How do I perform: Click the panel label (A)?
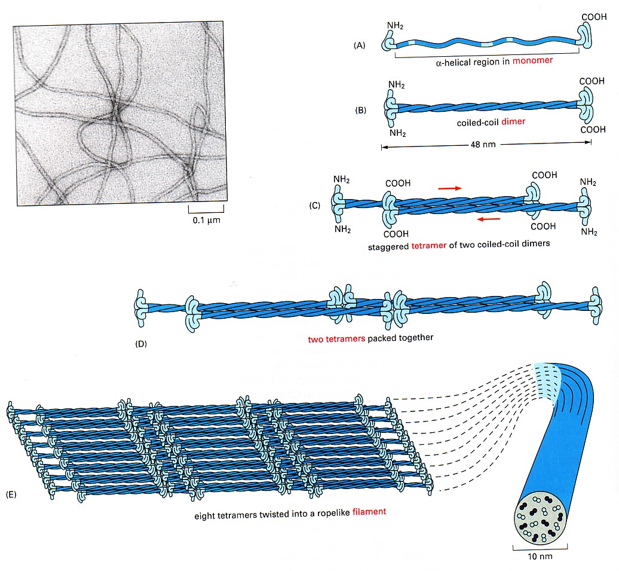(x=359, y=45)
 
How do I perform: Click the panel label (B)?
(x=360, y=110)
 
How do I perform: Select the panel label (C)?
(x=314, y=206)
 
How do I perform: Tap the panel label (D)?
(x=141, y=344)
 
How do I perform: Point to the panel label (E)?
(x=11, y=494)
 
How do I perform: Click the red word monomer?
(x=532, y=60)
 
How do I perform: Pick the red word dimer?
(x=513, y=122)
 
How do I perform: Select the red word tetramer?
(x=429, y=245)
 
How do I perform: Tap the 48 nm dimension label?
(x=483, y=145)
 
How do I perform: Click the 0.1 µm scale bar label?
(x=207, y=220)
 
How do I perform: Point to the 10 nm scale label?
(x=540, y=557)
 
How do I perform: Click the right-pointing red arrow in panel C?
(x=450, y=188)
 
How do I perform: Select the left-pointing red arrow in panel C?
(x=489, y=218)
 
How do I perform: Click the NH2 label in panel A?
(x=395, y=26)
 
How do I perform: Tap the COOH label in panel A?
(x=594, y=17)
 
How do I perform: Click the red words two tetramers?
(x=336, y=339)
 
